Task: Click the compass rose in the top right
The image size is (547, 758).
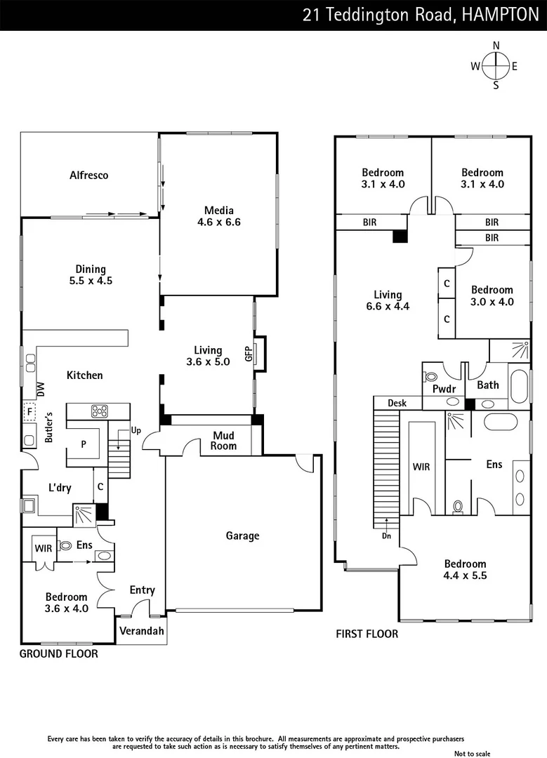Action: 496,66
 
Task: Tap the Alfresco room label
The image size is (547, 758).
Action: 89,175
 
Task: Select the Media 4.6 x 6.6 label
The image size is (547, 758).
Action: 218,216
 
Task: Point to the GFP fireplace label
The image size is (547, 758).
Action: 248,354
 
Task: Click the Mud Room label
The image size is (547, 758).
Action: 225,441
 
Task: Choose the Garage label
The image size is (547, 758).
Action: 242,536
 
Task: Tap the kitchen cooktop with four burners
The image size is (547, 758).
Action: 99,411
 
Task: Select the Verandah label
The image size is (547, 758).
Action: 142,631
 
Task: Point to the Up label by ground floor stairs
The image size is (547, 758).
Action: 136,430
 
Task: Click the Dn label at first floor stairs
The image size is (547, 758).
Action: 386,535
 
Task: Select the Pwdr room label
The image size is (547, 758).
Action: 444,388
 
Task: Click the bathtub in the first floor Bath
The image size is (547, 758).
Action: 519,387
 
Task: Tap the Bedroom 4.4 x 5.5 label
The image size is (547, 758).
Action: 465,569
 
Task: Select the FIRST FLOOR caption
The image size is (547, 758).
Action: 367,634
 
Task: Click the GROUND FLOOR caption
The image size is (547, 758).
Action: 58,653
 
